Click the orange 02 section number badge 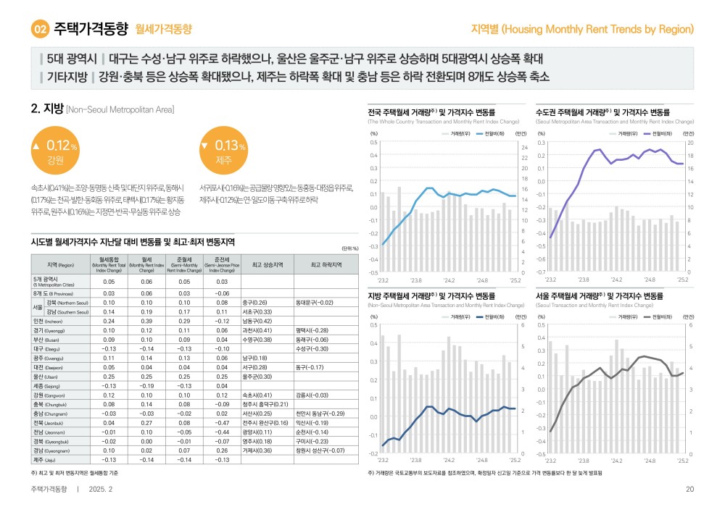pos(40,30)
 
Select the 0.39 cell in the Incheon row pos(146,320)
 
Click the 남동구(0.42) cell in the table pos(257,320)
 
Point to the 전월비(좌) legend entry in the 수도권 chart pos(658,133)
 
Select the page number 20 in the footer pos(689,489)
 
